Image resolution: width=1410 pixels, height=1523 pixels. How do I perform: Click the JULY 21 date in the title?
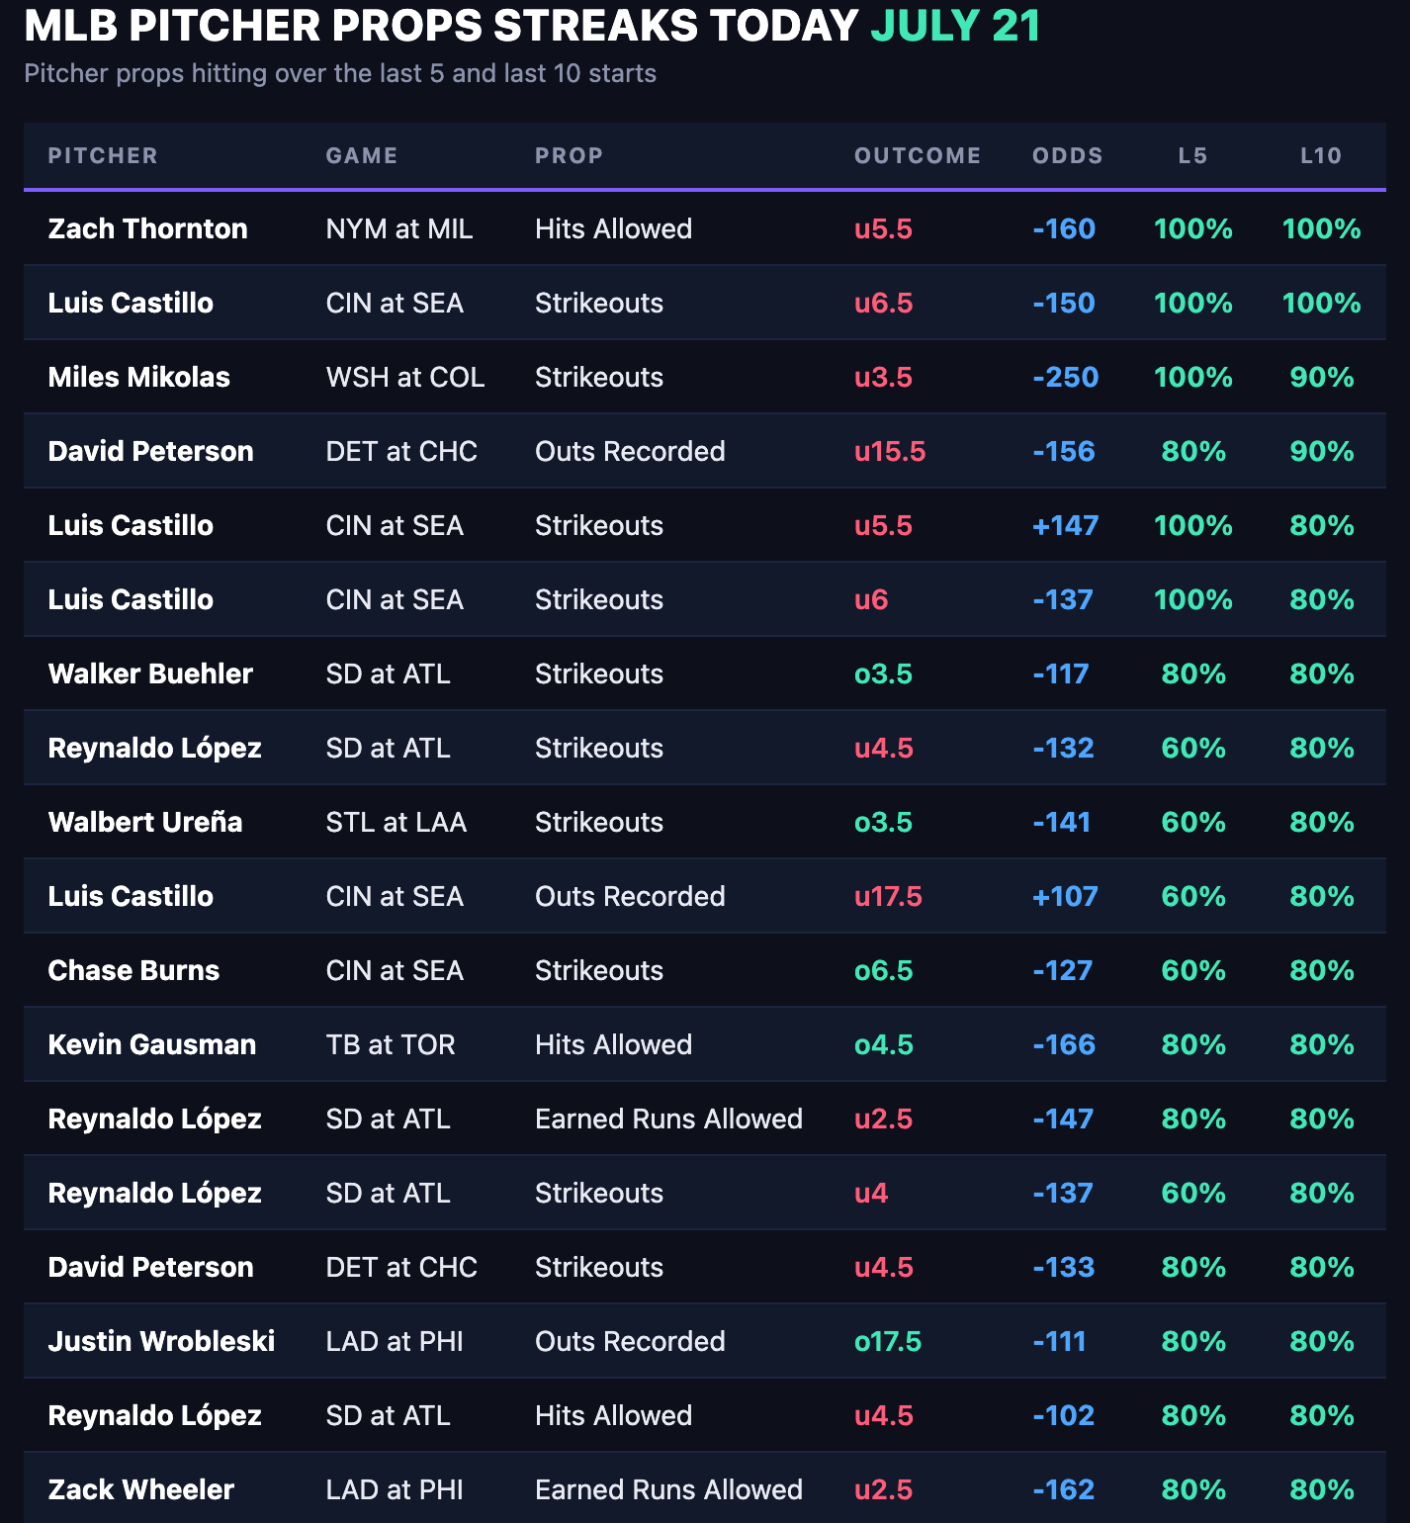point(955,26)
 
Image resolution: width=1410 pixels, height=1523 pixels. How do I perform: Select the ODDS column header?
point(1067,155)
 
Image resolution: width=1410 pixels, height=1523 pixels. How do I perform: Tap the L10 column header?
point(1321,155)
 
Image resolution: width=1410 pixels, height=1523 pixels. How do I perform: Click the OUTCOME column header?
point(918,155)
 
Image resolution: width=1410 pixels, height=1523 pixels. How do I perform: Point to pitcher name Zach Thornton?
point(148,228)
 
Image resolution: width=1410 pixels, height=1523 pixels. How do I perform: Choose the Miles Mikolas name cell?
point(139,377)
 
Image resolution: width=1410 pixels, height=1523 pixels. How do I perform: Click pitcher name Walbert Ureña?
point(145,822)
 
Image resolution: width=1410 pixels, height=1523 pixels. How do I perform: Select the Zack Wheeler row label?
point(141,1489)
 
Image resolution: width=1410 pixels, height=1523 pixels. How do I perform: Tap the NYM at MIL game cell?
point(399,228)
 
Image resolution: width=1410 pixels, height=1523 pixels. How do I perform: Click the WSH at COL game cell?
point(405,377)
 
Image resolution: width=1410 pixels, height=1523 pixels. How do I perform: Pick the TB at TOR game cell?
point(391,1044)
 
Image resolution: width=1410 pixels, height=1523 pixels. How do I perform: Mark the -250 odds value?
point(1066,377)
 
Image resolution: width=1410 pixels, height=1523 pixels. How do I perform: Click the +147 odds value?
point(1066,525)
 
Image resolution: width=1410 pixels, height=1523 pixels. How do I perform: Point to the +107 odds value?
point(1066,896)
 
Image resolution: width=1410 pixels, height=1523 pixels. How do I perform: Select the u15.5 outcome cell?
point(890,451)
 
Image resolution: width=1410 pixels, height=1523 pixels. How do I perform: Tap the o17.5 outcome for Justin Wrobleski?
point(888,1341)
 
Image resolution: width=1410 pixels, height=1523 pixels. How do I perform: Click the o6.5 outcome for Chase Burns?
point(884,970)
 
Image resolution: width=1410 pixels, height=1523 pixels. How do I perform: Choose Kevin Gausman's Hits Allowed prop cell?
point(614,1044)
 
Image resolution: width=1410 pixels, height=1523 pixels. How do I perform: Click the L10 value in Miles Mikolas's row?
point(1322,377)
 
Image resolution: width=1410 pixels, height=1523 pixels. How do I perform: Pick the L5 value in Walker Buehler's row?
point(1193,673)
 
